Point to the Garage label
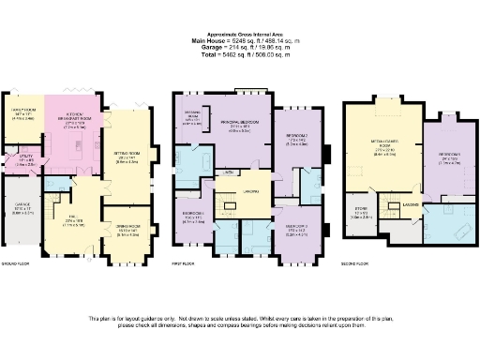point(24,209)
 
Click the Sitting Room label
point(126,157)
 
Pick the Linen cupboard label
point(228,174)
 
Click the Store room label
point(362,210)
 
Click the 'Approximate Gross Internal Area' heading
point(239,33)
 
